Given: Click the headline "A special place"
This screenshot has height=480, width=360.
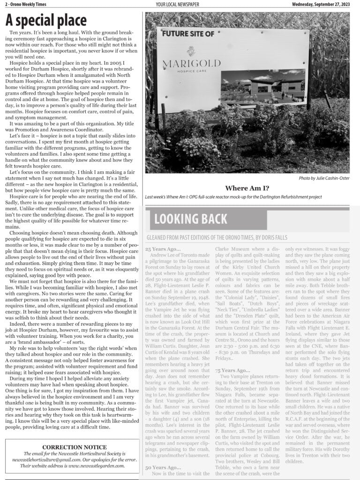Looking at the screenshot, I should pos(46,20).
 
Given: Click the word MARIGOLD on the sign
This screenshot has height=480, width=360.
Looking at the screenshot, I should pos(188,64).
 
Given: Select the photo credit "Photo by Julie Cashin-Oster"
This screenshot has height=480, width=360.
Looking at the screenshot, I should pos(324,178).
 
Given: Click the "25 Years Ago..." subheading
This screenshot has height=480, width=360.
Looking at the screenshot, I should pos(163,249).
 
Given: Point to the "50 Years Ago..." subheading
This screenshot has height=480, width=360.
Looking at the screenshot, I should pos(163,467).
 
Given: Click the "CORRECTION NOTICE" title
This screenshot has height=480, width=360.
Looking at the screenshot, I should pos(74,447).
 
